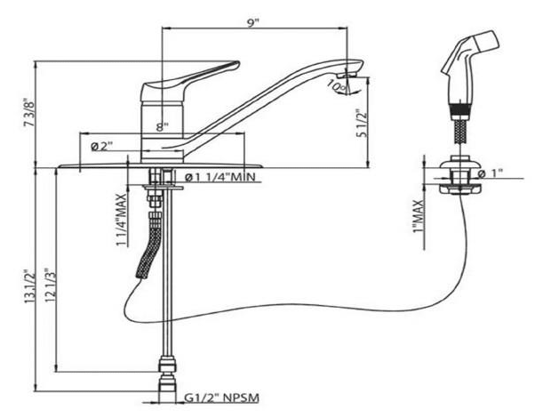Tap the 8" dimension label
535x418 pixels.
pos(161,127)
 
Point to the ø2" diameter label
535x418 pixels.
pos(100,147)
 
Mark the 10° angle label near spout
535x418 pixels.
pos(337,87)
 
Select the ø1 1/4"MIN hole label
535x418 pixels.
pos(222,177)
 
